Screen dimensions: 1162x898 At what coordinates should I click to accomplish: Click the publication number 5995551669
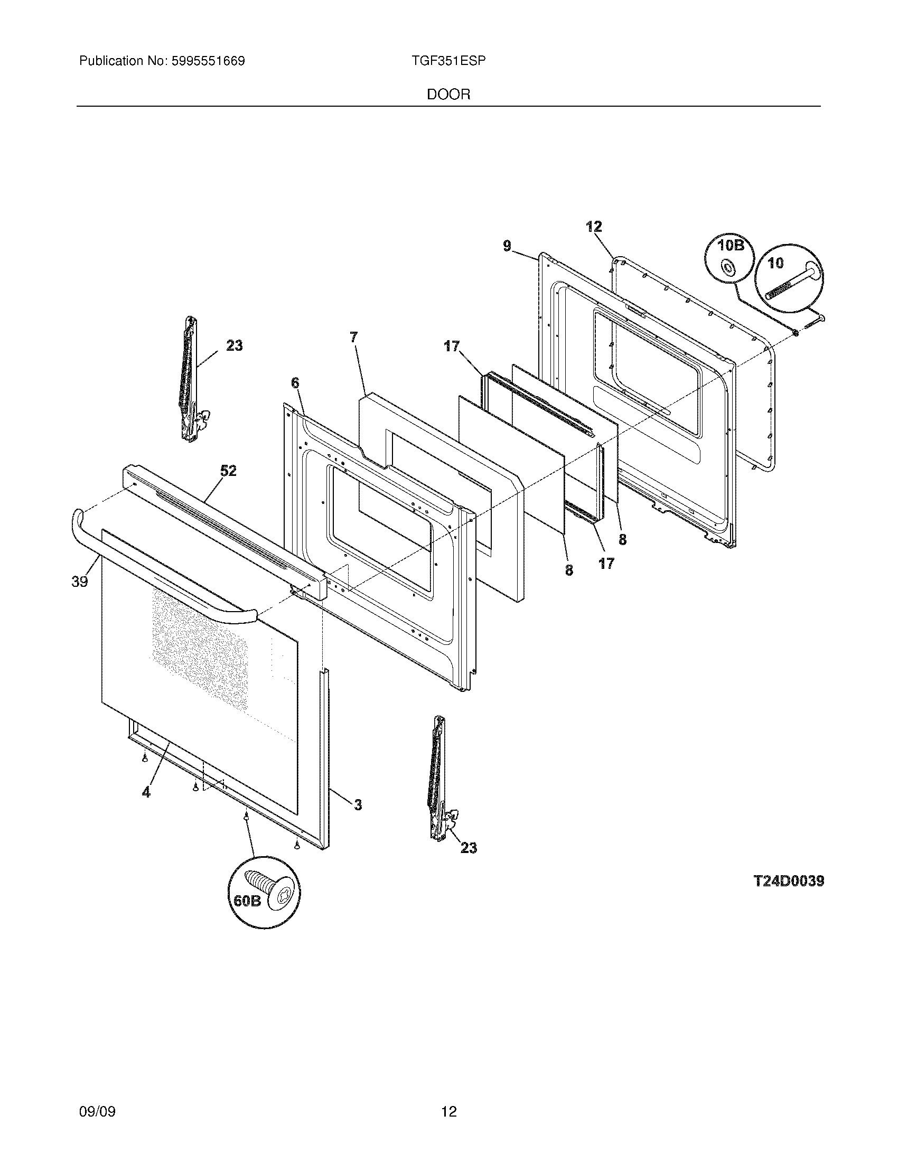(208, 61)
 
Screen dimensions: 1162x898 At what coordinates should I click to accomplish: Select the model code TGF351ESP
(448, 61)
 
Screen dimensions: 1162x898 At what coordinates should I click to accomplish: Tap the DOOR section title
(448, 95)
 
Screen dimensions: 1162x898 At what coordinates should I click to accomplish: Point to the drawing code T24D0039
(789, 881)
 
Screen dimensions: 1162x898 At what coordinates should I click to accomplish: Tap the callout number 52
(228, 471)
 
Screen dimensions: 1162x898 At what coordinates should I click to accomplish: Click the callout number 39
(79, 582)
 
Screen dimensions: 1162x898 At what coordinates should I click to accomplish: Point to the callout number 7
(354, 338)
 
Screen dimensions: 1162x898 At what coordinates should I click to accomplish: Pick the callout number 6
(295, 383)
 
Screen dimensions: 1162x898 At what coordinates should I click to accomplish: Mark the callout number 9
(507, 246)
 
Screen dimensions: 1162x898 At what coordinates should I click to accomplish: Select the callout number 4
(146, 807)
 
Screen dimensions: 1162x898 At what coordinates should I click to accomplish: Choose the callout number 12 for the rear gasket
(594, 227)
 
